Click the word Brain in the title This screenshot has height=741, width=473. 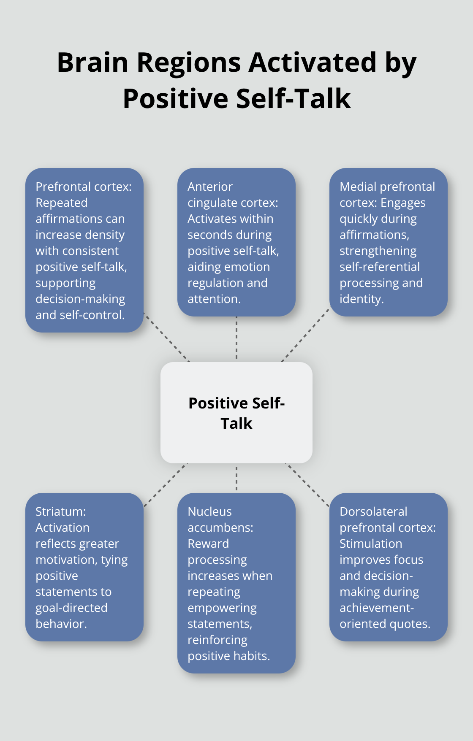92,62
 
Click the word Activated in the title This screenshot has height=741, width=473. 312,62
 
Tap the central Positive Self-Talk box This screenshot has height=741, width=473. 236,413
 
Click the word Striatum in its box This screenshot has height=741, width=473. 60,511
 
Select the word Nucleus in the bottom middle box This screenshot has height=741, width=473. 209,511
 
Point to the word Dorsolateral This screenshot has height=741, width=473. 373,511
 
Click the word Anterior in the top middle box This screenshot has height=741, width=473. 210,187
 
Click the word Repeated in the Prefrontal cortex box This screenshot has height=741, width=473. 61,203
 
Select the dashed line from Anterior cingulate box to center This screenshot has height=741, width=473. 236,338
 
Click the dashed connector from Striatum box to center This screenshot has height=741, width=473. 166,484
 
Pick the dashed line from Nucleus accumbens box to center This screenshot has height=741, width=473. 236,478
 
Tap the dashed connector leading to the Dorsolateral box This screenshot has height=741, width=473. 307,484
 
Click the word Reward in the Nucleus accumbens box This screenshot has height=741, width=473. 208,544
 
